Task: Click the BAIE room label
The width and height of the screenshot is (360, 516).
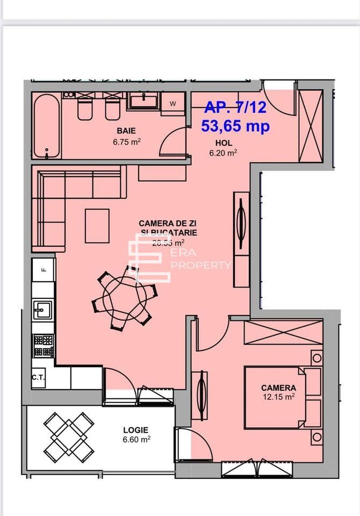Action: pos(126,131)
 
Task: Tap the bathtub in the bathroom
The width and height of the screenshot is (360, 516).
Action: pos(46,127)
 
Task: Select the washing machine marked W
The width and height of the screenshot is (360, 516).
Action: pos(173,103)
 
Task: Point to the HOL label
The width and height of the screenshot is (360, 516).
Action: pos(224,143)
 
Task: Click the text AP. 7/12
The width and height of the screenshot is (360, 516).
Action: pos(235,107)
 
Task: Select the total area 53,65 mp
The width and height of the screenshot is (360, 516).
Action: pos(235,126)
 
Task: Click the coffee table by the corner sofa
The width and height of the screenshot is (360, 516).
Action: pos(97,225)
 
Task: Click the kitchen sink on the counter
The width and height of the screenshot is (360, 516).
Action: pos(42,310)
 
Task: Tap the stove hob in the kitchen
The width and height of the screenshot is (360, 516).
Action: pos(44,345)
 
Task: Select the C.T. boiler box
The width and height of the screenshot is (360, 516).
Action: pos(38,377)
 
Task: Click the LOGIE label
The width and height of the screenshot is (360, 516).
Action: pos(135,430)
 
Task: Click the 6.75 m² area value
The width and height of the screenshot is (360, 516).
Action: pos(126,142)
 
